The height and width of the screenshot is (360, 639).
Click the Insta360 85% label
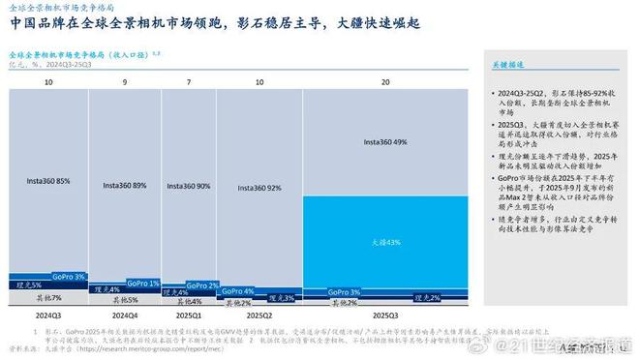(47, 180)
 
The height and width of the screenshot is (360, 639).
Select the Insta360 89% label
(125, 185)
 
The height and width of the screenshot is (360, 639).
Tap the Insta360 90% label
(189, 186)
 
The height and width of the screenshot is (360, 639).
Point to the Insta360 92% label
(257, 188)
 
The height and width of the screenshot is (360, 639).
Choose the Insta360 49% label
(384, 142)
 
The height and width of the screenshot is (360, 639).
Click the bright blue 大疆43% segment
(384, 243)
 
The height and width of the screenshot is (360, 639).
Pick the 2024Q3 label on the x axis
(47, 315)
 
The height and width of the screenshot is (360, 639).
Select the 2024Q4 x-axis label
(125, 315)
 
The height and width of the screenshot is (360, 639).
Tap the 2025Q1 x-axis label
(189, 315)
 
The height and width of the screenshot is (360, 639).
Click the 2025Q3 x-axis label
(385, 315)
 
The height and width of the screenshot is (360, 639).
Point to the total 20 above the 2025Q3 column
(385, 83)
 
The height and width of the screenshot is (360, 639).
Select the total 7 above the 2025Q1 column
(189, 83)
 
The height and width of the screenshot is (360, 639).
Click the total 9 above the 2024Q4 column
(125, 83)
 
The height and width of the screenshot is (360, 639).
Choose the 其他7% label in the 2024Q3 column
(47, 297)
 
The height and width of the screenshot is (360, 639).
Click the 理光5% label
(31, 285)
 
